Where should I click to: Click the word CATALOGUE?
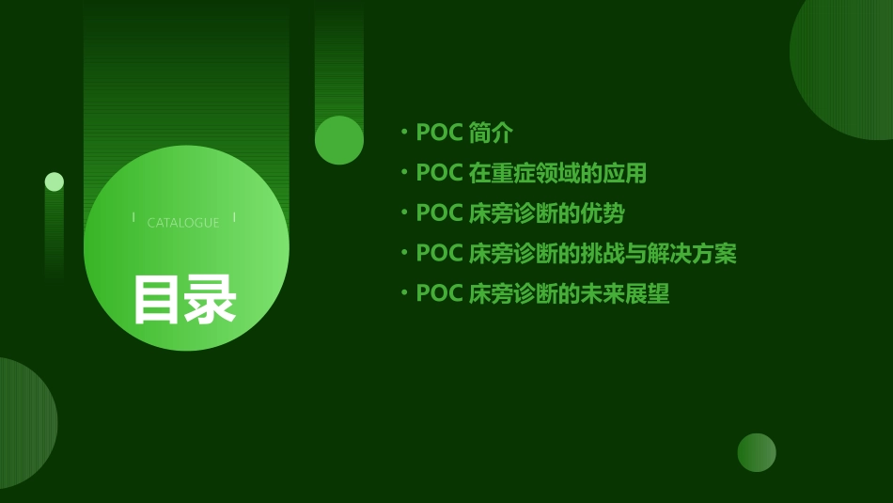[183, 223]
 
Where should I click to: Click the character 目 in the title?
[157, 300]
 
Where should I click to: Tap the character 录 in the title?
[211, 300]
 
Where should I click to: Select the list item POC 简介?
[464, 134]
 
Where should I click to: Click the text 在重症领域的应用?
[557, 174]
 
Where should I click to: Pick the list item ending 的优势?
[520, 213]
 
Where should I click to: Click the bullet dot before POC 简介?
[404, 134]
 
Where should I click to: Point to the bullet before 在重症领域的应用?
[404, 173]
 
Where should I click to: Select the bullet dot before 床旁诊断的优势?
[404, 213]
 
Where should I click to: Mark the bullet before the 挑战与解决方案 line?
[404, 253]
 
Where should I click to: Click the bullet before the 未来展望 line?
[404, 293]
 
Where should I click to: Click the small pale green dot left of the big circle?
[55, 181]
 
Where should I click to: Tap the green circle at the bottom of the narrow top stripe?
[339, 140]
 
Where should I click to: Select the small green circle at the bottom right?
[757, 452]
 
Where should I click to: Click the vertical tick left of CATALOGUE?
[133, 217]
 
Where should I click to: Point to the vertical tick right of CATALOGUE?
[235, 217]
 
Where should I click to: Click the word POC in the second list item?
[439, 174]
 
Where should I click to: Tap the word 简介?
[491, 134]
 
